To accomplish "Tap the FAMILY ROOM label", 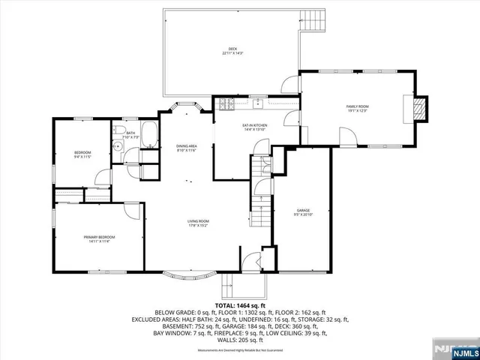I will pos(357,109).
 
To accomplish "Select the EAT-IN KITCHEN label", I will pos(255,127).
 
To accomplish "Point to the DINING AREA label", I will pos(187,148).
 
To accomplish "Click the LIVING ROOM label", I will pos(198,223).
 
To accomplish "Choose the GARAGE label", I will pos(303,212).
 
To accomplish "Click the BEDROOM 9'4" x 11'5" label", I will pos(82,154).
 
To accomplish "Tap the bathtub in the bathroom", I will pos(149,136).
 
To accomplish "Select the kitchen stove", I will pos(226,104).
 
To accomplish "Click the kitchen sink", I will pos(257,103).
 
